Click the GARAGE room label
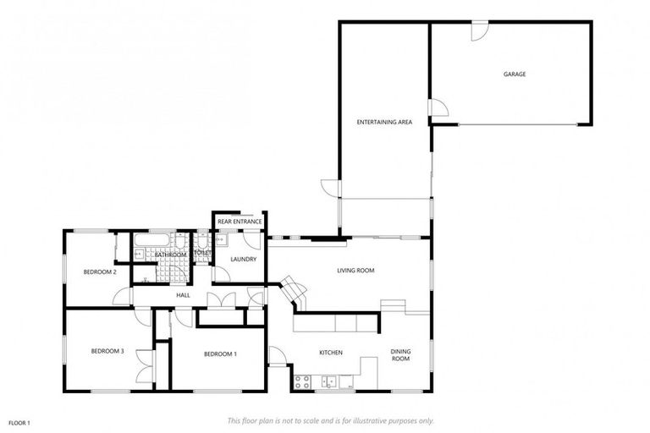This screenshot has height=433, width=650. click(x=515, y=74)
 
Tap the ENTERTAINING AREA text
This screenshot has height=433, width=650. click(x=383, y=123)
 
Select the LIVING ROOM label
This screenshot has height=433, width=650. click(x=355, y=271)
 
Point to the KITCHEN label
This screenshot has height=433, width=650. click(x=330, y=352)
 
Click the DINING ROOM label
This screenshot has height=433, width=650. click(x=399, y=355)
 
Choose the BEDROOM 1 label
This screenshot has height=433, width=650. click(x=220, y=354)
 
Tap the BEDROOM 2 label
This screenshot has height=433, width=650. click(x=99, y=271)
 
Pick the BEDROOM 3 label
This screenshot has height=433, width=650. click(x=108, y=351)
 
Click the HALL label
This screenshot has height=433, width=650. click(x=183, y=295)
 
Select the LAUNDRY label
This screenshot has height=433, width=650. click(x=243, y=259)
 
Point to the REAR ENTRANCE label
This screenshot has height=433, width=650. click(x=239, y=222)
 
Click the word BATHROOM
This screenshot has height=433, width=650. click(x=170, y=255)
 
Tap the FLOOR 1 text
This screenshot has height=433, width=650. click(x=19, y=422)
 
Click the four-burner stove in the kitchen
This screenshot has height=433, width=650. click(x=302, y=381)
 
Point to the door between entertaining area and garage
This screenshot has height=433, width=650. click(x=438, y=109)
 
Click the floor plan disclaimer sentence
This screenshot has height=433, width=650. click(x=331, y=420)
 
